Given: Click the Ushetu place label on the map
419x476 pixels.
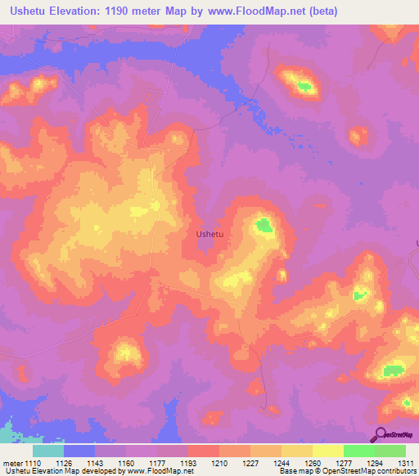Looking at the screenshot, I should pos(210,234).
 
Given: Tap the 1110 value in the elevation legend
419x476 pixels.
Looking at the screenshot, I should pos(31,463).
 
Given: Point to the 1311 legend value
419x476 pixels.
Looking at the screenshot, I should pos(405,463).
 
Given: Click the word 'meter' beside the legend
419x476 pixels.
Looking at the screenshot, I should pos(11,463).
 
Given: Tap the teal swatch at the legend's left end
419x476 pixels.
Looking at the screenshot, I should pos(48,451).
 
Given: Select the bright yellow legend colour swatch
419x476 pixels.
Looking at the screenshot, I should pos(327,451).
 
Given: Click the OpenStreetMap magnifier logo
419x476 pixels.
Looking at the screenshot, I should pos(381,434).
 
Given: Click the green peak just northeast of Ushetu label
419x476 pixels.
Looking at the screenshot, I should pos(264,224).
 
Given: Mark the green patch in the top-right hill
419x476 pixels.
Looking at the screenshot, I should pos(304,85).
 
